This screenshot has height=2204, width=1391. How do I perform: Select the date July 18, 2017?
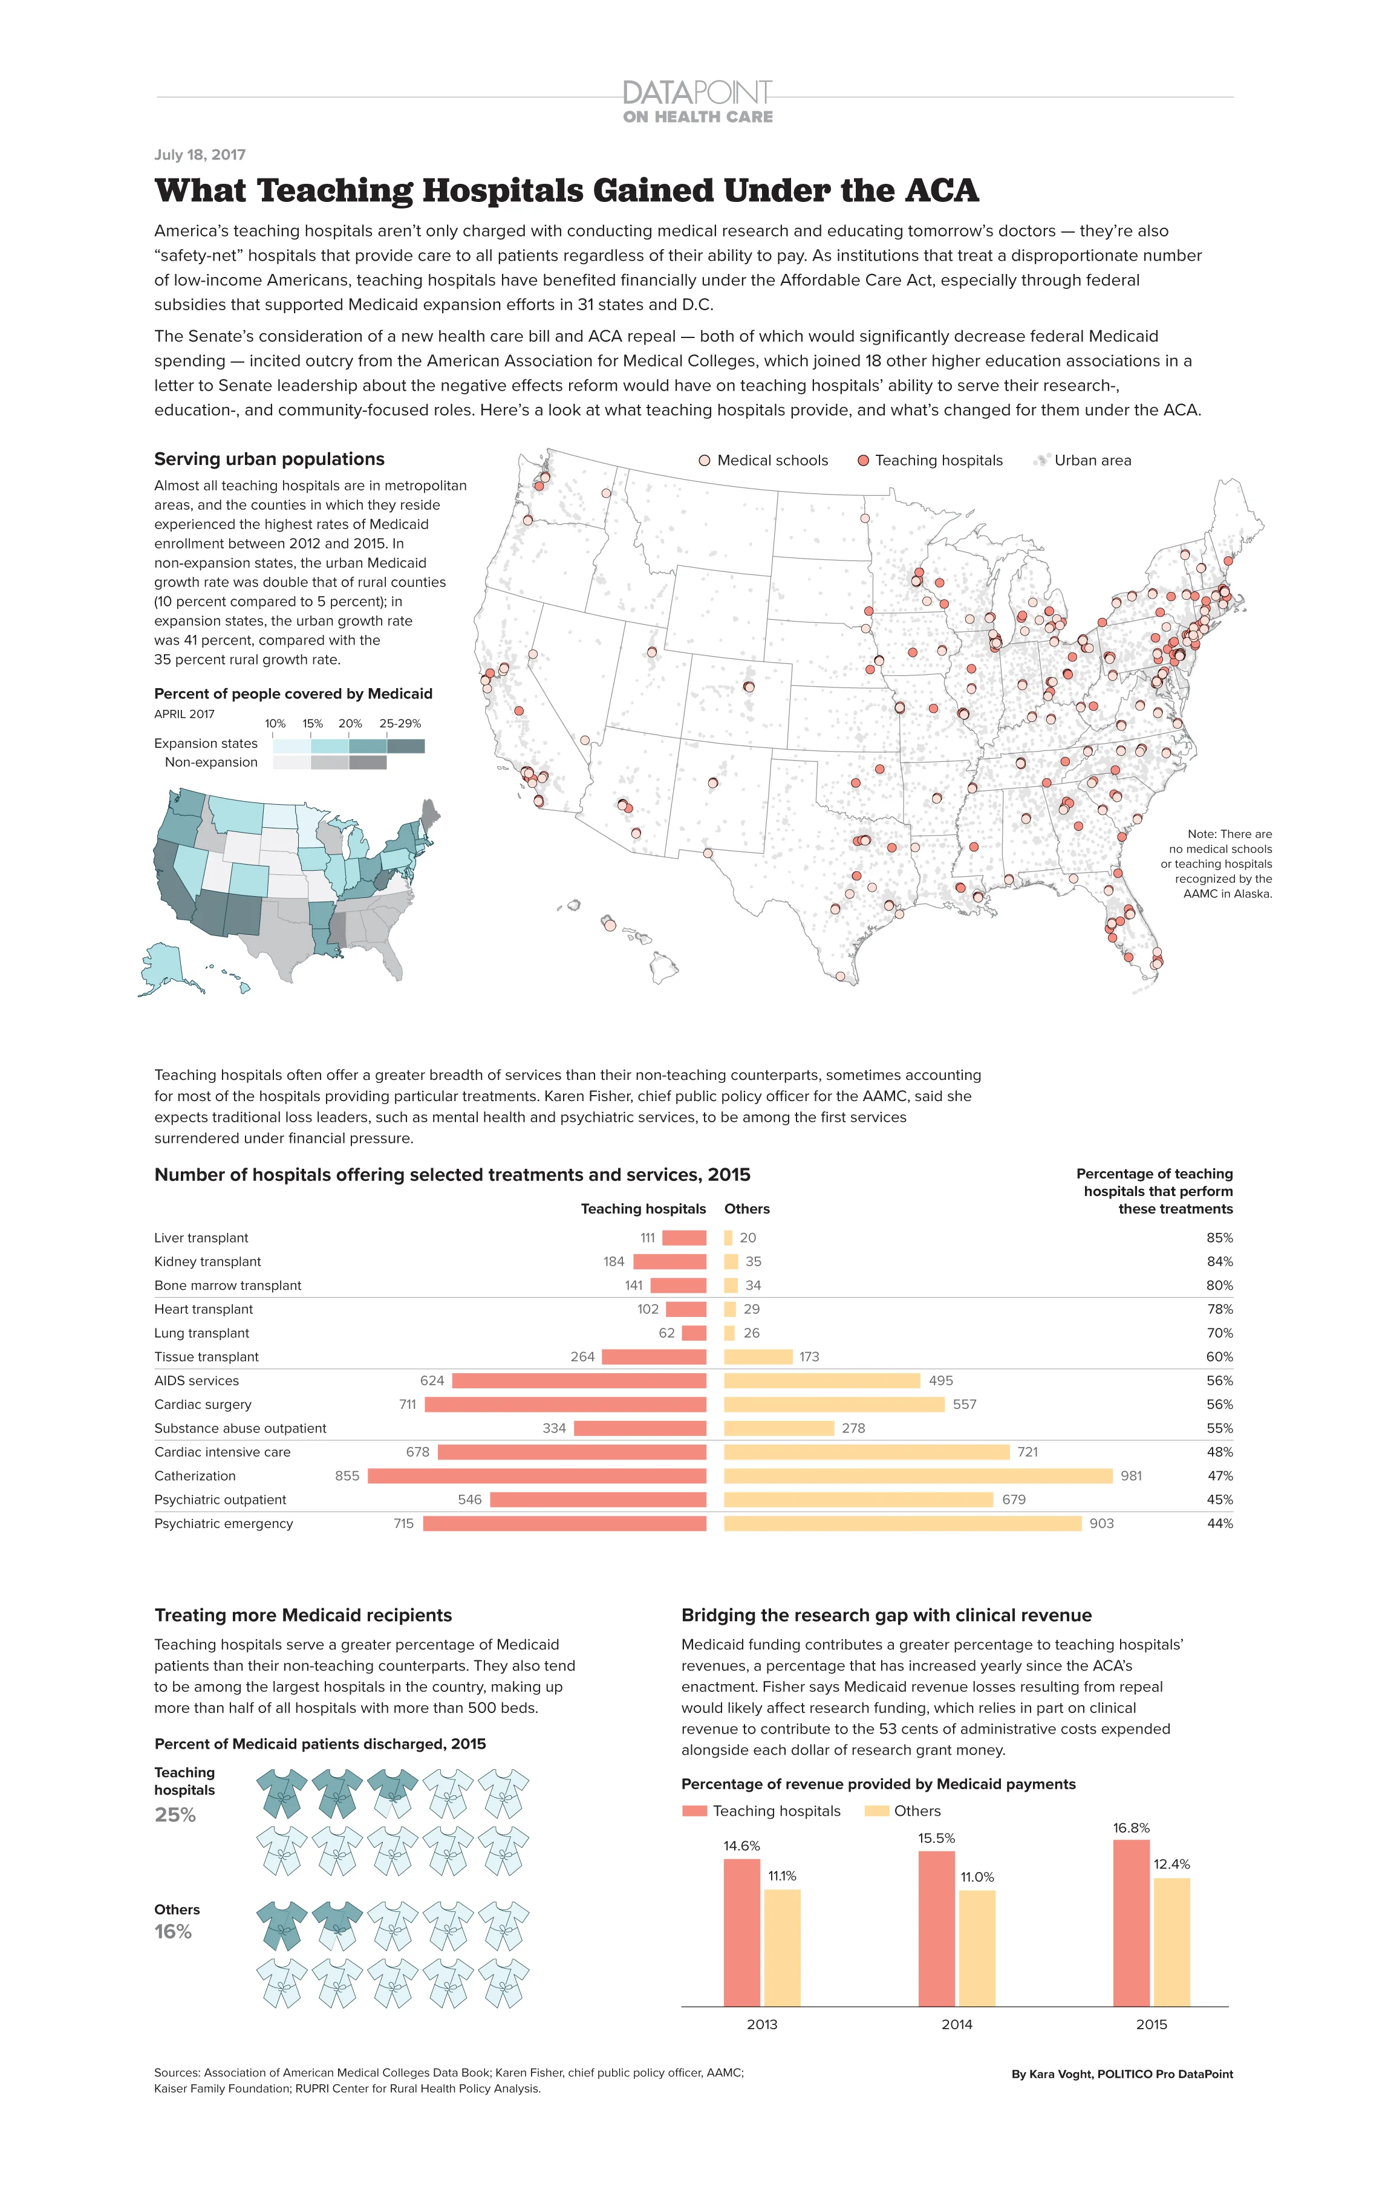tap(200, 155)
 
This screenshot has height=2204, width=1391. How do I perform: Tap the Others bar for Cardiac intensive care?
tap(866, 1452)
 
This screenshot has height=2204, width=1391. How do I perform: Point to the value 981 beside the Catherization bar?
tap(1131, 1475)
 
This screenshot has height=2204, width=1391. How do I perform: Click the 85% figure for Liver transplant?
tap(1219, 1238)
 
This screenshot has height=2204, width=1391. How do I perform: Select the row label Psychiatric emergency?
tap(223, 1523)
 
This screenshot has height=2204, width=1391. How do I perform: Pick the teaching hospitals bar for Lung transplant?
tap(694, 1333)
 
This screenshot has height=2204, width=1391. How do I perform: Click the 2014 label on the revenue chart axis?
tap(956, 2043)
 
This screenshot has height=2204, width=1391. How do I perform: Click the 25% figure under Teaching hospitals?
tap(175, 1814)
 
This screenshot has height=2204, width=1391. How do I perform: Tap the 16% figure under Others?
tap(173, 1931)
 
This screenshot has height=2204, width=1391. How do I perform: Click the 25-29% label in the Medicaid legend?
tap(400, 723)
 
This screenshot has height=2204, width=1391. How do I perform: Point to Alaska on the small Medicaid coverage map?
tap(165, 966)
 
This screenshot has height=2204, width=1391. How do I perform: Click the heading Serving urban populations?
tap(269, 458)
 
